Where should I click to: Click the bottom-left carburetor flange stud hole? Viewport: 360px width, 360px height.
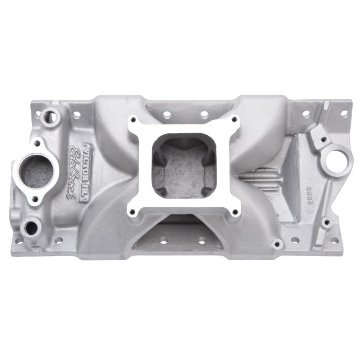[133, 210]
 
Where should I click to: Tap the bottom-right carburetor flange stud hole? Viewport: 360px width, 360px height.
[235, 211]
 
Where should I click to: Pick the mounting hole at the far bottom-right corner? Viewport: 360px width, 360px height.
[325, 224]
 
